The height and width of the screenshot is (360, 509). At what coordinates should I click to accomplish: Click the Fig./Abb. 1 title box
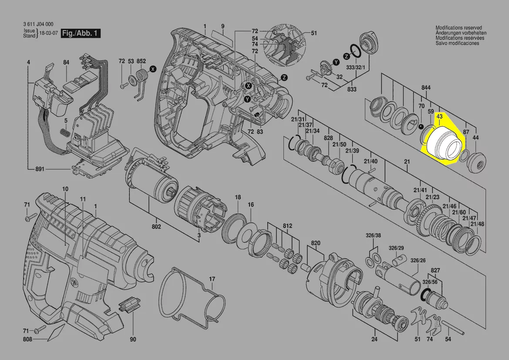(81, 33)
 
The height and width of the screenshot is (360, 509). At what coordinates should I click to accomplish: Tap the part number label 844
(426, 88)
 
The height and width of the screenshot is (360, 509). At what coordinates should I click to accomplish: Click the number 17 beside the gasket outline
(212, 279)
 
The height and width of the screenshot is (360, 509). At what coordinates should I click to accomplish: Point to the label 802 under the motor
(156, 227)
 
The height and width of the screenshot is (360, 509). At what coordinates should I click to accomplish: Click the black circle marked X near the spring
(153, 69)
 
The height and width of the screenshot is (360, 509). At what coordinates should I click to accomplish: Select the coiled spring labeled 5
(66, 132)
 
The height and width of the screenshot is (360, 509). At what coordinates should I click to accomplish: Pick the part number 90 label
(133, 340)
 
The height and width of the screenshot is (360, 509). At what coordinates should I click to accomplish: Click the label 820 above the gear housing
(316, 243)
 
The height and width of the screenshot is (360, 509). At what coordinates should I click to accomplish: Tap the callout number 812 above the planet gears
(287, 226)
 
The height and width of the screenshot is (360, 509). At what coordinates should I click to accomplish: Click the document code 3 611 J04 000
(38, 24)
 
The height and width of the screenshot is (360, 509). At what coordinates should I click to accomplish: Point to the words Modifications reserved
(458, 28)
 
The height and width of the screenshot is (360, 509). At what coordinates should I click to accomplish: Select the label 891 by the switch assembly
(40, 169)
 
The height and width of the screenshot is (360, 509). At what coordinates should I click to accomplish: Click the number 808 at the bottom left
(27, 340)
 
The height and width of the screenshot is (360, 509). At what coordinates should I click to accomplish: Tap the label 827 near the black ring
(435, 270)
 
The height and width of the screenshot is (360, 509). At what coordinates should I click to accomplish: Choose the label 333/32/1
(356, 67)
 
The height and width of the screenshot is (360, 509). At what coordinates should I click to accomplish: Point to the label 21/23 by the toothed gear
(433, 197)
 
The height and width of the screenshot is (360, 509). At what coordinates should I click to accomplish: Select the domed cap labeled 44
(476, 161)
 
